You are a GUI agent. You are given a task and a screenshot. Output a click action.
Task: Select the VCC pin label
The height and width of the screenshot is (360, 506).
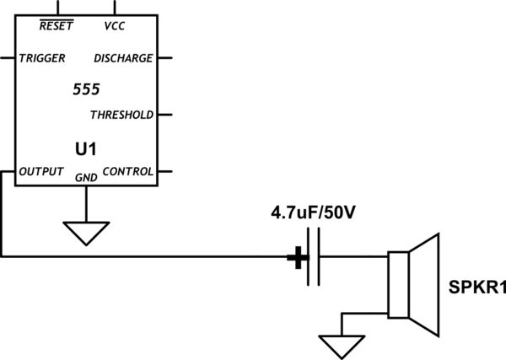pyautogui.click(x=115, y=25)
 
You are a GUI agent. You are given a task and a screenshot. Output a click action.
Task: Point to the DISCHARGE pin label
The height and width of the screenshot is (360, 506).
pyautogui.click(x=123, y=59)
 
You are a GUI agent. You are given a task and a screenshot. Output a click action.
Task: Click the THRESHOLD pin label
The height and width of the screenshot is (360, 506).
pyautogui.click(x=121, y=115)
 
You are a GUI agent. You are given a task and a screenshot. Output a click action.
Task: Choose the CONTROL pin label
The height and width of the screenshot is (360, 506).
pyautogui.click(x=127, y=172)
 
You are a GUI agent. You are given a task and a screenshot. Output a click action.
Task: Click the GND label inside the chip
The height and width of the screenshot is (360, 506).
pyautogui.click(x=86, y=177)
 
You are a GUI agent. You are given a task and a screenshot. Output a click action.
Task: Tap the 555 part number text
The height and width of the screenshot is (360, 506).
pyautogui.click(x=86, y=89)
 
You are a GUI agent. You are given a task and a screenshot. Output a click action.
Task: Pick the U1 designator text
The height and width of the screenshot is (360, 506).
pyautogui.click(x=86, y=149)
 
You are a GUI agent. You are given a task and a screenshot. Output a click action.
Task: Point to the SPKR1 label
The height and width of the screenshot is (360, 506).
pyautogui.click(x=477, y=289)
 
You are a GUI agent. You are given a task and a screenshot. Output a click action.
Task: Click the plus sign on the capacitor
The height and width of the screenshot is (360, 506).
pyautogui.click(x=296, y=257)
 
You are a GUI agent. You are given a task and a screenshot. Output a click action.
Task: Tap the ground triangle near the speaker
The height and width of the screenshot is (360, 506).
pyautogui.click(x=341, y=344)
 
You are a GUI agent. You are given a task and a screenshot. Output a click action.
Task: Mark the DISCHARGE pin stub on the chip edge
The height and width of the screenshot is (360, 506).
pyautogui.click(x=164, y=59)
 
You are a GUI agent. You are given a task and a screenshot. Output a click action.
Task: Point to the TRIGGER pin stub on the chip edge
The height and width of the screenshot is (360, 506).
pyautogui.click(x=8, y=59)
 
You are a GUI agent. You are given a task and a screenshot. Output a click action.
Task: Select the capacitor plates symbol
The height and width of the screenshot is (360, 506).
pyautogui.click(x=313, y=257)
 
